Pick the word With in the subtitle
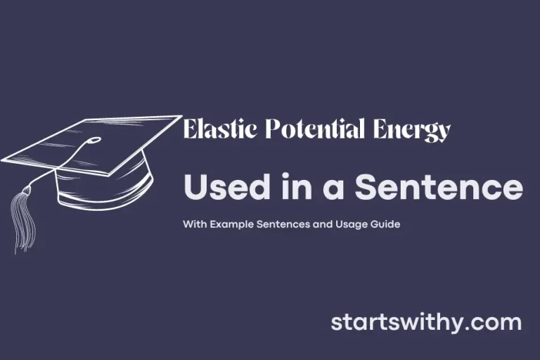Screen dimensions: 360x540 tap(192, 225)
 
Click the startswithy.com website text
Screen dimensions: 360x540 tap(426, 323)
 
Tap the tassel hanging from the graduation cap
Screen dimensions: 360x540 tap(21, 218)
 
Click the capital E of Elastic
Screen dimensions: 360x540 tap(189, 131)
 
